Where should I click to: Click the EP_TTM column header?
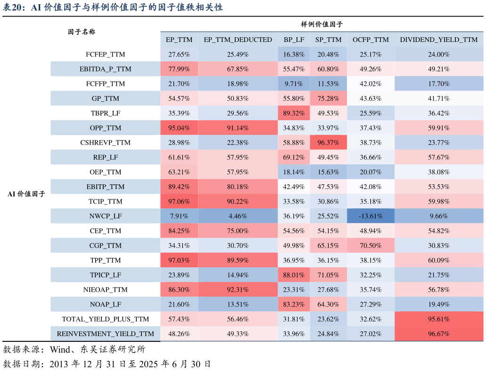coord(179,40)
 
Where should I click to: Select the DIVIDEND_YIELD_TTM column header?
coord(438,40)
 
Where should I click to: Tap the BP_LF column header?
coord(294,40)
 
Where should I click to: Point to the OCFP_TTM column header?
coord(371,40)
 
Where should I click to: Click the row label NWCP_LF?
coord(106,216)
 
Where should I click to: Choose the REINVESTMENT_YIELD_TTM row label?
coord(106,334)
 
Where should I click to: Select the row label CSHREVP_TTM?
coord(106,142)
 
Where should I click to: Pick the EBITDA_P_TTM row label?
coord(106,69)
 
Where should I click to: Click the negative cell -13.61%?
coord(371,216)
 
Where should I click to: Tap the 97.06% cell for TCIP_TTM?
coord(179,201)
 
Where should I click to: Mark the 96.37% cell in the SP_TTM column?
coord(328,142)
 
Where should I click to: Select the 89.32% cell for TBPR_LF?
coord(294,113)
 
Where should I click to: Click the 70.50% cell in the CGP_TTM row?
coord(371,246)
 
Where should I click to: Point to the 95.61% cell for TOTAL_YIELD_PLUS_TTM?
coord(438,319)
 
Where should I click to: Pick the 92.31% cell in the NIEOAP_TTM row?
coord(238,289)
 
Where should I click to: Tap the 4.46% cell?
coord(238,216)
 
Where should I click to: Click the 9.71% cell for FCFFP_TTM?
coord(294,84)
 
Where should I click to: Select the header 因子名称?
coord(82,32)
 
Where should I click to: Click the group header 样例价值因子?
coord(322,24)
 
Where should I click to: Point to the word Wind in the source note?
coord(60,350)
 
